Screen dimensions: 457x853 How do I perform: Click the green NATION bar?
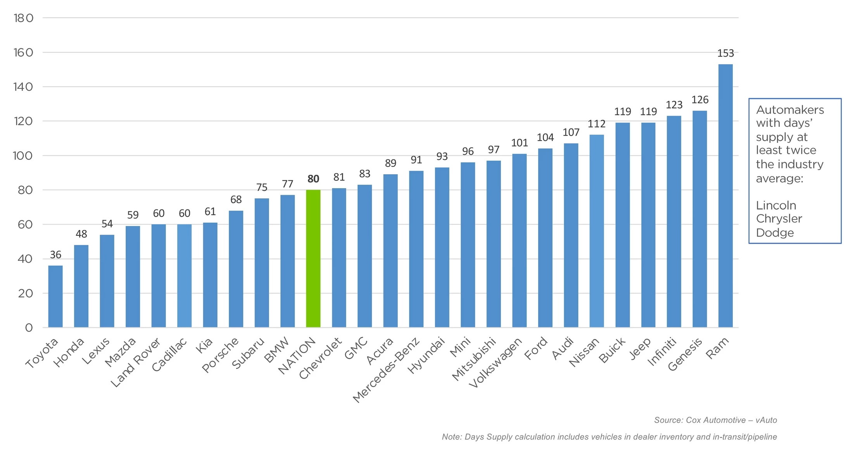(313, 258)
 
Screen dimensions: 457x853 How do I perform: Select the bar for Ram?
(725, 196)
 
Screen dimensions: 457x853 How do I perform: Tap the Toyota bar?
(55, 296)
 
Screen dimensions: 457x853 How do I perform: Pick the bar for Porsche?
(236, 269)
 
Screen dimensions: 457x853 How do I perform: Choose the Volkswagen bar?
(519, 241)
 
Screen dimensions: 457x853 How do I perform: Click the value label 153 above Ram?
(725, 53)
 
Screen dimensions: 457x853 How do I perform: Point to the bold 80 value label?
(313, 179)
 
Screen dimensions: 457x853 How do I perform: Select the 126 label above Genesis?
(700, 100)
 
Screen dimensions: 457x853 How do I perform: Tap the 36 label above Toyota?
(55, 255)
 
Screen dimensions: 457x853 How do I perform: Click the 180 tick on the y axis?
(23, 18)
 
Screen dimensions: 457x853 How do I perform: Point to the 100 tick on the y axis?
(23, 156)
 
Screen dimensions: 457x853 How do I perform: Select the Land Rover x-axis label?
(136, 362)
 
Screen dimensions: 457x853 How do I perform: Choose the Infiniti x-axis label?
(662, 352)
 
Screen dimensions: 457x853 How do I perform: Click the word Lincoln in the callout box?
(776, 205)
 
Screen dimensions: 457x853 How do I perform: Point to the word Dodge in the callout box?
(775, 233)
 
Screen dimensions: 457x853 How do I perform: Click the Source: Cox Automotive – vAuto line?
(715, 420)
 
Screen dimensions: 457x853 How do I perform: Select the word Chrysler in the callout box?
(779, 219)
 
